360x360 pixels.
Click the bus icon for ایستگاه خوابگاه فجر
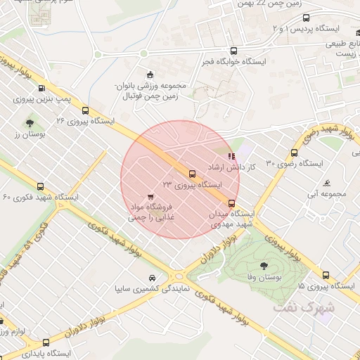click(233, 51)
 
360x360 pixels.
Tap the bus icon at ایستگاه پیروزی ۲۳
click(192, 174)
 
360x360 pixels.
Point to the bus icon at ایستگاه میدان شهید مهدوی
click(233, 203)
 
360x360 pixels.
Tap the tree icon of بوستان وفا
click(264, 265)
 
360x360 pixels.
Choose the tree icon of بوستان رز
click(30, 123)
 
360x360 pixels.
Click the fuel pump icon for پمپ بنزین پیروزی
click(41, 89)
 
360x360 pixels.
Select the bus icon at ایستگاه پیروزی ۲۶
click(86, 110)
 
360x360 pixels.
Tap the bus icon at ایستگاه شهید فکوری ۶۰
click(40, 187)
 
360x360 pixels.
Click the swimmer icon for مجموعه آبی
click(327, 184)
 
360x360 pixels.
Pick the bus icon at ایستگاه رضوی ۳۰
click(293, 153)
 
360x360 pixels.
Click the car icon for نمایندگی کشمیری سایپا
click(153, 278)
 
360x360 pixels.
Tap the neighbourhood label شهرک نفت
click(308, 307)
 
